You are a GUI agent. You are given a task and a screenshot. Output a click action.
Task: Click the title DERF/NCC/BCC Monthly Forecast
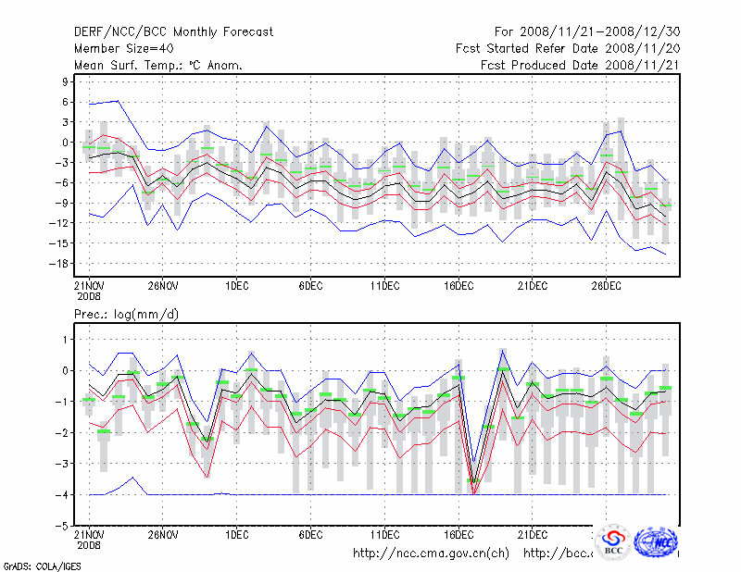pyautogui.click(x=173, y=32)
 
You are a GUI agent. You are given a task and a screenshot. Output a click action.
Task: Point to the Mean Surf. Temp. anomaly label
pyautogui.click(x=158, y=66)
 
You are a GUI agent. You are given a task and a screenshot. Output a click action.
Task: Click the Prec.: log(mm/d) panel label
pyautogui.click(x=127, y=315)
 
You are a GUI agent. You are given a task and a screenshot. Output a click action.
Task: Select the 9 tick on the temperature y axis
pyautogui.click(x=68, y=81)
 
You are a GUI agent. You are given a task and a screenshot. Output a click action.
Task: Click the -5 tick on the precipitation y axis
pyautogui.click(x=64, y=526)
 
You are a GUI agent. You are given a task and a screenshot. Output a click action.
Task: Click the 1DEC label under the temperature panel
pyautogui.click(x=236, y=285)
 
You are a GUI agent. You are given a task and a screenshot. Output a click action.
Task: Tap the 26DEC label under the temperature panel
pyautogui.click(x=607, y=285)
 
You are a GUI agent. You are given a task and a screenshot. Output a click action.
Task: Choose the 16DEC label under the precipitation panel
pyautogui.click(x=458, y=535)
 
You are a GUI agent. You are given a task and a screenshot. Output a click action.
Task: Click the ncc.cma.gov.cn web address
pyautogui.click(x=432, y=553)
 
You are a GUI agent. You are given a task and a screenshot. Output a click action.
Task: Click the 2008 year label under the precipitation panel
pyautogui.click(x=89, y=545)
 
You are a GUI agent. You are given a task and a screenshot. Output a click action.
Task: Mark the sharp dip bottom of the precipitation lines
pyautogui.click(x=473, y=492)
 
